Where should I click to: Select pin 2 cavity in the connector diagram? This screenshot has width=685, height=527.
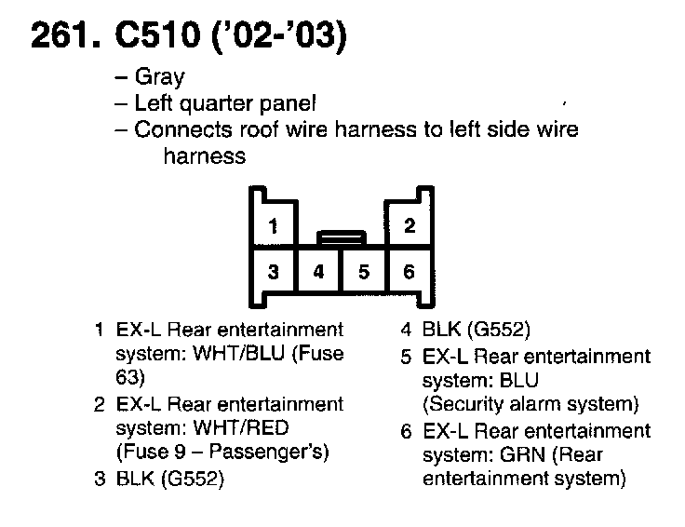click(410, 226)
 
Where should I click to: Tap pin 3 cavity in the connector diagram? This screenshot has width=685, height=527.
click(273, 272)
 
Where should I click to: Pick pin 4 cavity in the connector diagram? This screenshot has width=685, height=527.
click(318, 272)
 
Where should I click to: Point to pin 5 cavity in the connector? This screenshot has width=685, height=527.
click(364, 272)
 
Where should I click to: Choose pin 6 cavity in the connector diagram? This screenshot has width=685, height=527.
click(409, 272)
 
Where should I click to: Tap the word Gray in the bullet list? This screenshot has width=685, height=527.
click(159, 77)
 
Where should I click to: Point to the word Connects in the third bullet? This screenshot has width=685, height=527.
click(174, 129)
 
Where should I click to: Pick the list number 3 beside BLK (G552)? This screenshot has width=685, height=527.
click(99, 480)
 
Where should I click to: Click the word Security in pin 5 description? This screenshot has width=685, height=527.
click(463, 405)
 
